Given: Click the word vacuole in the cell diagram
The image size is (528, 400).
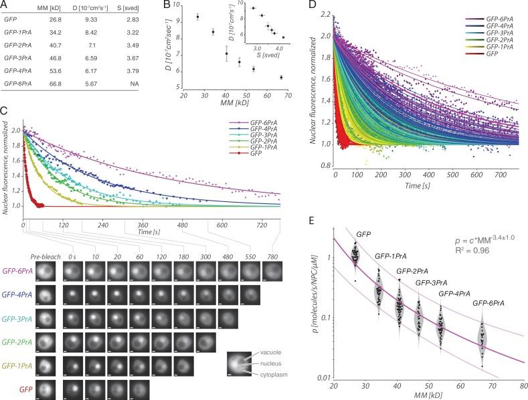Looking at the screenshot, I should [x=270, y=352].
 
